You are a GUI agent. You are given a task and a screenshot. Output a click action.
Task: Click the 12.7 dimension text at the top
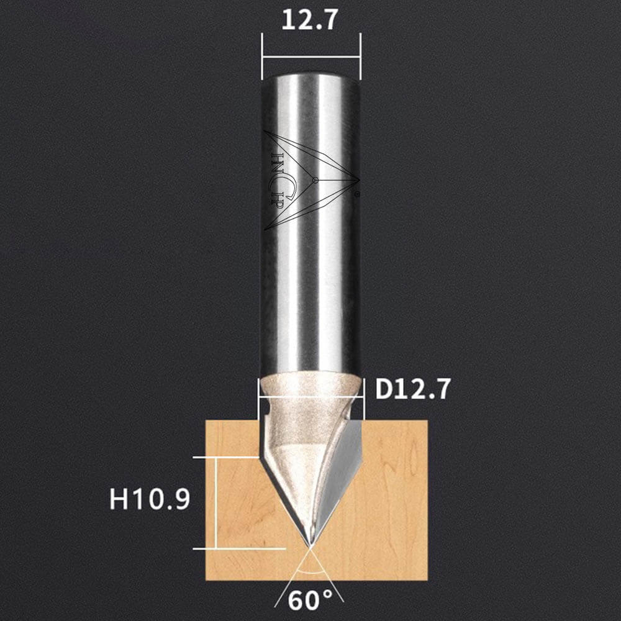pyautogui.click(x=309, y=20)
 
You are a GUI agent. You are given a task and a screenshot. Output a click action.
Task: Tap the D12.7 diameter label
pyautogui.click(x=412, y=389)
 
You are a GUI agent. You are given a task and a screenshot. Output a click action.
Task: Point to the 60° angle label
pyautogui.click(x=310, y=600)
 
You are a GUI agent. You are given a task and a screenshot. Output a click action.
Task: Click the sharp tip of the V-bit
pyautogui.click(x=310, y=547)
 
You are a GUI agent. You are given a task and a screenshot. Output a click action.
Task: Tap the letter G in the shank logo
pyautogui.click(x=288, y=185)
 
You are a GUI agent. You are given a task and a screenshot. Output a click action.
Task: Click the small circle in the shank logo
pyautogui.click(x=315, y=181)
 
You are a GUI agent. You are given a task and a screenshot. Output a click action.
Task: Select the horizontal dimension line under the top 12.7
pyautogui.click(x=311, y=57)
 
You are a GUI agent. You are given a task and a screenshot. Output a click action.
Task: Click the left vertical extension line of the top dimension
pyautogui.click(x=262, y=57)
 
